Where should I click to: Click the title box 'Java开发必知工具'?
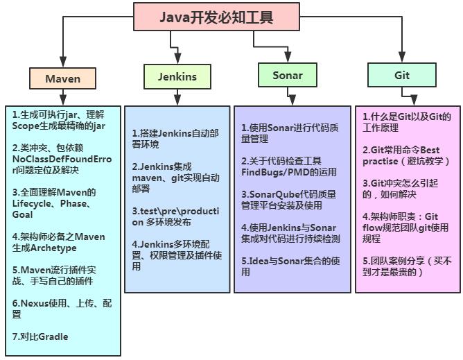(207, 17)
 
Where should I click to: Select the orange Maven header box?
(62, 78)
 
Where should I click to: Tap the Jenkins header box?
(177, 76)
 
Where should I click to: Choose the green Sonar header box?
(287, 75)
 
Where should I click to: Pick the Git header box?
(402, 75)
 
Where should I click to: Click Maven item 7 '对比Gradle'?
(40, 337)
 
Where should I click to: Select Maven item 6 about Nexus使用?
(61, 309)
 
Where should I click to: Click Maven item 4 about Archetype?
(58, 242)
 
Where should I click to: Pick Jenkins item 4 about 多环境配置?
(176, 255)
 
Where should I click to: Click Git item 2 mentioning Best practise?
(406, 155)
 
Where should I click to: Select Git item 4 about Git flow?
(406, 227)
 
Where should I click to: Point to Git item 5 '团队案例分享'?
(406, 266)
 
